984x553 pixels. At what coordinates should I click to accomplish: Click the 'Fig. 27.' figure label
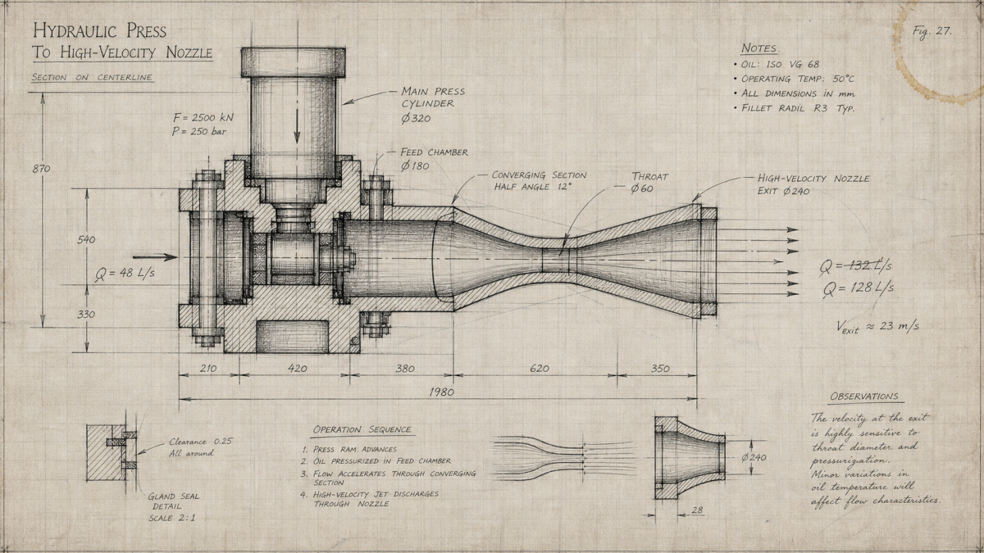pos(932,32)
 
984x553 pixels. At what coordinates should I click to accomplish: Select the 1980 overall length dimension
pos(441,392)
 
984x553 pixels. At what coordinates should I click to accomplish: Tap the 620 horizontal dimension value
pos(539,368)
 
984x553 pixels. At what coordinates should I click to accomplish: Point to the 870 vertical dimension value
pos(41,169)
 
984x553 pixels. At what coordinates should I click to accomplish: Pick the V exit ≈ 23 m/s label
pos(877,327)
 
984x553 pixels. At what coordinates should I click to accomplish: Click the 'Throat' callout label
pos(650,176)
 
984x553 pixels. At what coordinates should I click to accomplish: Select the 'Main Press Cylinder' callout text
pos(433,97)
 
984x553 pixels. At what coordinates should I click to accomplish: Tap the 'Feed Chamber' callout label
pos(434,152)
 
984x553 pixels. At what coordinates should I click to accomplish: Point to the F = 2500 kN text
pos(203,118)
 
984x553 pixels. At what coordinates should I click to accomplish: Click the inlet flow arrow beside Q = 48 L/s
pos(155,257)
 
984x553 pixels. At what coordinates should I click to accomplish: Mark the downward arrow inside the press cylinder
pos(297,126)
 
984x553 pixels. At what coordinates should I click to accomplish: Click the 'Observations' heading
pos(864,397)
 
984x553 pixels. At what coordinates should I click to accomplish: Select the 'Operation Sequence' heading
pos(362,429)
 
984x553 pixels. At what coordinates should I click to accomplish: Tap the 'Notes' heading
pos(758,48)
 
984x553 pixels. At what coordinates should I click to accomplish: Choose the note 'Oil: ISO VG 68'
pos(780,64)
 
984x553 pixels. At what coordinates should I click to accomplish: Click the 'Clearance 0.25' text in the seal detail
pos(201,442)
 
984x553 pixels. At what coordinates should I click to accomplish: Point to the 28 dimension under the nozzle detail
pos(697,510)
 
